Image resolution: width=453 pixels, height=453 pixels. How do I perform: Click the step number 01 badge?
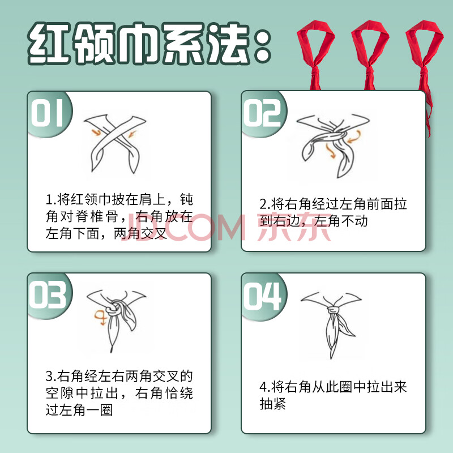[x=48, y=113]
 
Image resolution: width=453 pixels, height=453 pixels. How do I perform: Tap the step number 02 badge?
[x=262, y=113]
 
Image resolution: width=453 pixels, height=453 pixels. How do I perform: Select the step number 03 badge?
[x=48, y=295]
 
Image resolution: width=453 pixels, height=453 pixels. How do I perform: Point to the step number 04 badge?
[x=262, y=296]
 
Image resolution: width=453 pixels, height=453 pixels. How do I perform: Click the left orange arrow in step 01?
[x=96, y=133]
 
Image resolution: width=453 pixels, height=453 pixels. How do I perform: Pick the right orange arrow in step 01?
[x=132, y=134]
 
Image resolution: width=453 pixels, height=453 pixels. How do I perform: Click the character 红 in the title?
[x=49, y=44]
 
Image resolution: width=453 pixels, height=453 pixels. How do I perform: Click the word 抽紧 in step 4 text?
[x=273, y=404]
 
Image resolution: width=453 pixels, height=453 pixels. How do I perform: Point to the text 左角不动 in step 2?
[x=341, y=221]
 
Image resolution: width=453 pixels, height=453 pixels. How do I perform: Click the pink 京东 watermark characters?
[x=294, y=227]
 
